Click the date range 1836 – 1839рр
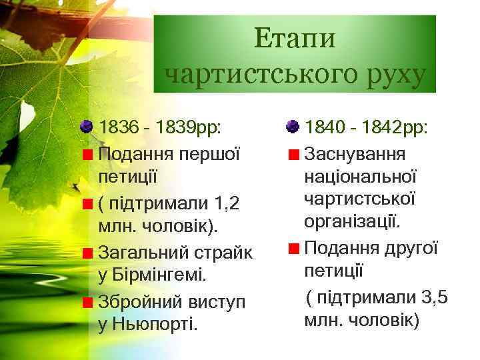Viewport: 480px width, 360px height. [160, 127]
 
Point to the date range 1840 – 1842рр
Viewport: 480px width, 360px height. [366, 127]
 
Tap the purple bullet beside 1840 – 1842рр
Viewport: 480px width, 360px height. [292, 127]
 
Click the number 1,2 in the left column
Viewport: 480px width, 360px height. [227, 203]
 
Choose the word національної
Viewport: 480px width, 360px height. [361, 177]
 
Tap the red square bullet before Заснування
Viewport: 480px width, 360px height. [293, 155]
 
